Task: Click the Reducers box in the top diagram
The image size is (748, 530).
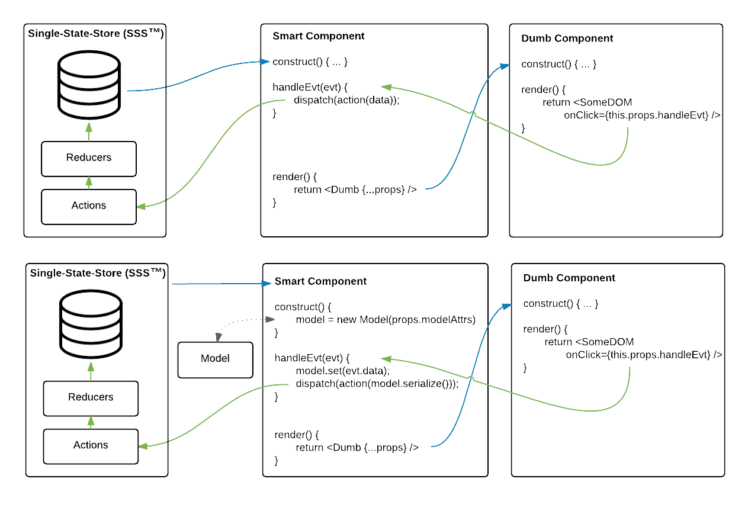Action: pyautogui.click(x=89, y=158)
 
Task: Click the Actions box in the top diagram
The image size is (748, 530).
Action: pyautogui.click(x=89, y=206)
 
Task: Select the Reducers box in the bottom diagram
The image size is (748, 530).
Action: pyautogui.click(x=91, y=397)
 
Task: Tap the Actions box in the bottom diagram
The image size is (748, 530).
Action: pyautogui.click(x=91, y=445)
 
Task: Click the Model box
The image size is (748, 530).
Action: pyautogui.click(x=215, y=359)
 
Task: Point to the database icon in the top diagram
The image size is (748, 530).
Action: pyautogui.click(x=89, y=85)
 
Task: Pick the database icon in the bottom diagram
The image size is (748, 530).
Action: pyautogui.click(x=91, y=324)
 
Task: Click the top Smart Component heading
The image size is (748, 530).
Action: pyautogui.click(x=319, y=36)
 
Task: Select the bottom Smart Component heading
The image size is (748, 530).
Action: pyautogui.click(x=320, y=281)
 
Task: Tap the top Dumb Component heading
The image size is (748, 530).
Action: pyautogui.click(x=567, y=38)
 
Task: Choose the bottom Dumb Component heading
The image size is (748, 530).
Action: pyautogui.click(x=569, y=278)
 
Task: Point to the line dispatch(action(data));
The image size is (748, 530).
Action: pyautogui.click(x=347, y=100)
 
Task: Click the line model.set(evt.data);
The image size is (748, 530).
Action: pyautogui.click(x=342, y=371)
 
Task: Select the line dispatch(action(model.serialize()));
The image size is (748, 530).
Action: pyautogui.click(x=377, y=384)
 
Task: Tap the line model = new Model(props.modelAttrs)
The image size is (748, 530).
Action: pyautogui.click(x=386, y=320)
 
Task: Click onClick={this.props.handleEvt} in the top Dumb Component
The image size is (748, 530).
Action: pyautogui.click(x=642, y=116)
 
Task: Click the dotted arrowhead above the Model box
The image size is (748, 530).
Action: pyautogui.click(x=219, y=338)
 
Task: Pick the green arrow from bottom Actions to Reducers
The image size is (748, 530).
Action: pyautogui.click(x=91, y=422)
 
